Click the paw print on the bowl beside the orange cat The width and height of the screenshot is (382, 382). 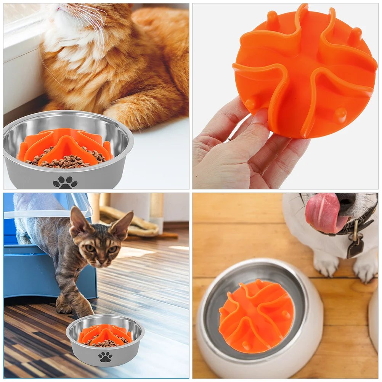(65, 182)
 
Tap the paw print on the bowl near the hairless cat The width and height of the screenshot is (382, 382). (105, 357)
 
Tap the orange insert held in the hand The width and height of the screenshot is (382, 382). (305, 72)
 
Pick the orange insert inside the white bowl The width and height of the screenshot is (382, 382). (256, 317)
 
